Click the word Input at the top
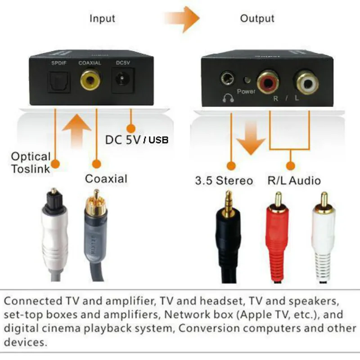pos(102,18)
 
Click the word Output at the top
pos(257,18)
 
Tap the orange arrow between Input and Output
pos(185,19)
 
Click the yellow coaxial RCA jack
pos(90,81)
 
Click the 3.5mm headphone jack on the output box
pos(227,79)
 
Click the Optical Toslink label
pos(31,163)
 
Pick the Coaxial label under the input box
pos(106,179)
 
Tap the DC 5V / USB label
pos(137,140)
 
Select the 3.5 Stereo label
pos(224,181)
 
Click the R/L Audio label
pos(294,181)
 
